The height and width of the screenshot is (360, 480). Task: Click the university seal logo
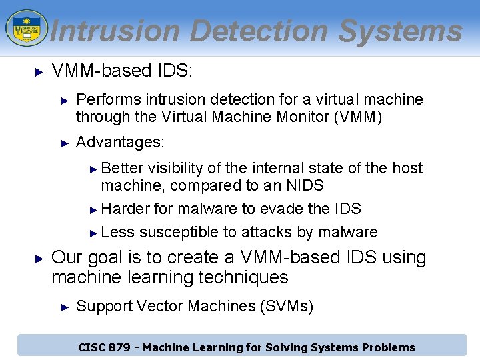(x=26, y=27)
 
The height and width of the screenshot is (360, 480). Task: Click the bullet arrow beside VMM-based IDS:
(x=39, y=70)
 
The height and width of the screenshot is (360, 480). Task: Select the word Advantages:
(x=120, y=143)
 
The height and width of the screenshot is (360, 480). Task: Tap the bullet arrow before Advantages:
(x=65, y=143)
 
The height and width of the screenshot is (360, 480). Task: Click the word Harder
(x=125, y=209)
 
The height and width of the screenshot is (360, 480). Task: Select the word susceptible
(x=179, y=232)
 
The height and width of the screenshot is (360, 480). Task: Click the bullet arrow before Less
(x=94, y=233)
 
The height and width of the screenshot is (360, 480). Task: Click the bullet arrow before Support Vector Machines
(x=65, y=307)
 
